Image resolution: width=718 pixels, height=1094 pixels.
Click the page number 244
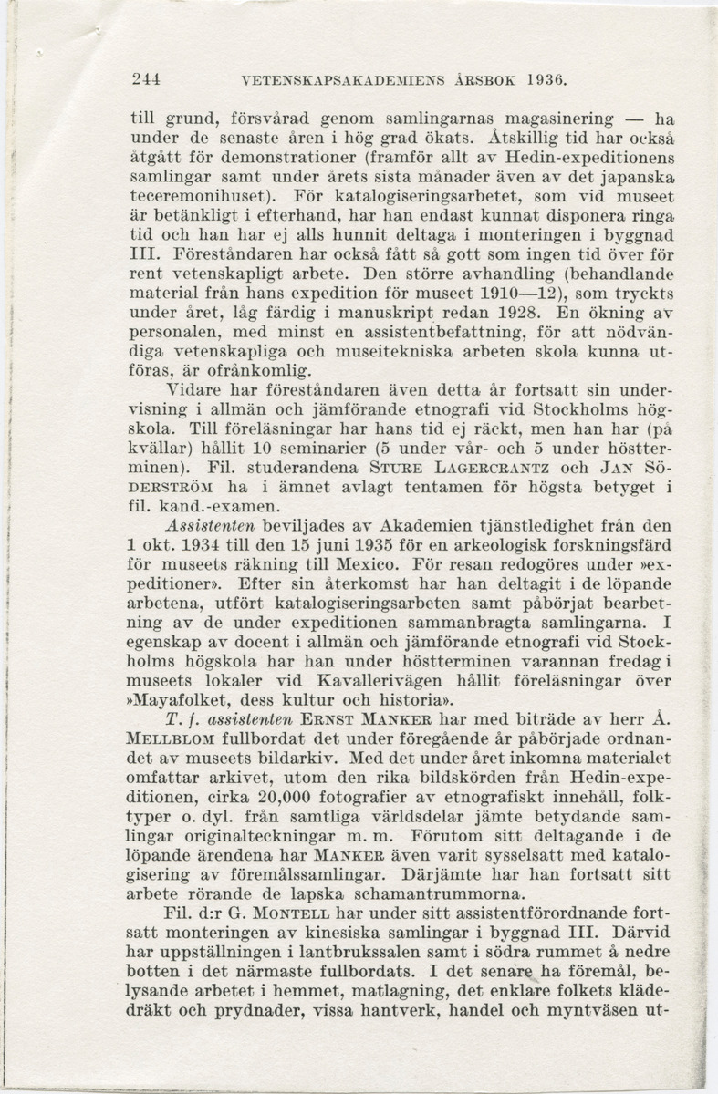point(146,79)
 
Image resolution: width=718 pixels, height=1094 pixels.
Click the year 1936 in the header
point(546,79)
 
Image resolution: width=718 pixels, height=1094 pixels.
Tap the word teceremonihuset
point(208,196)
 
